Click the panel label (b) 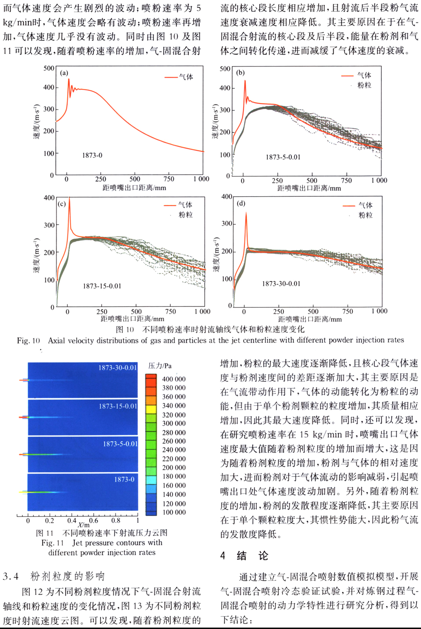pos(240,73)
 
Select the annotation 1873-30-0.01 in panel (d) pos(281,283)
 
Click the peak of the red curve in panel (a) pos(68,79)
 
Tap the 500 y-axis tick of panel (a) pos(49,68)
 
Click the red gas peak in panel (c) pos(69,198)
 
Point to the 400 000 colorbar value pos(174,379)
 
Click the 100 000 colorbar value pos(174,512)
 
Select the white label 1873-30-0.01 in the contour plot pos(117,368)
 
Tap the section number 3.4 pos(10,576)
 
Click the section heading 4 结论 pos(244,556)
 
